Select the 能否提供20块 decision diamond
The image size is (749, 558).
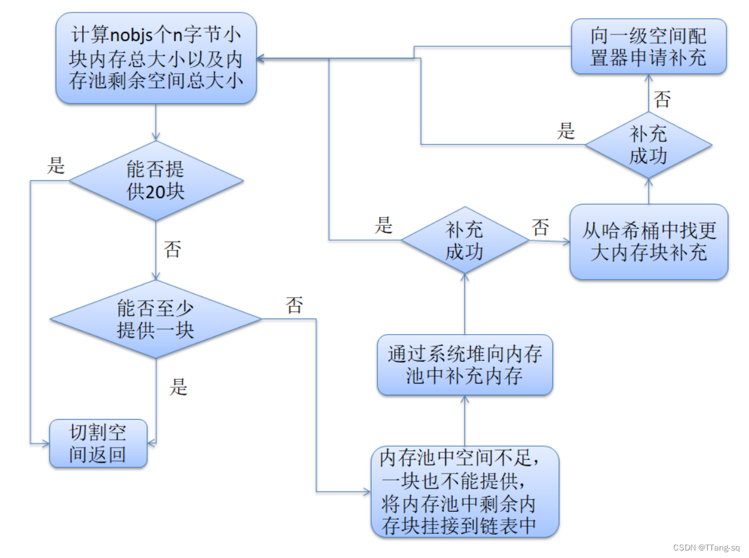pos(156,181)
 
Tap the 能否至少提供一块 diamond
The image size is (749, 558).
pos(156,319)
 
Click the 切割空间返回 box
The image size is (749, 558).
pos(98,444)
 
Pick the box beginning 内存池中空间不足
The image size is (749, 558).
pos(464,491)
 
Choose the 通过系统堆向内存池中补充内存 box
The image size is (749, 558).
pos(464,365)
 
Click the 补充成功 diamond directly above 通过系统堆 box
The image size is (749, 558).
pos(464,240)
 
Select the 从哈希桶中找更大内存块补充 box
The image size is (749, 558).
pos(649,241)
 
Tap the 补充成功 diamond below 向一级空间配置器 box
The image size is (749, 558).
pos(648,145)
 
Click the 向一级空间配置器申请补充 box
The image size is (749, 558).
pos(649,47)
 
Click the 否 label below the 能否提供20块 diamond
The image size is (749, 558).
pos(172,250)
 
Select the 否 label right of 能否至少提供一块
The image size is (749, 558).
pos(294,305)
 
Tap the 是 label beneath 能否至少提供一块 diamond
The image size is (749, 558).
pos(178,387)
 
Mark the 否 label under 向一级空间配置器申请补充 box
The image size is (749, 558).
pos(662,99)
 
